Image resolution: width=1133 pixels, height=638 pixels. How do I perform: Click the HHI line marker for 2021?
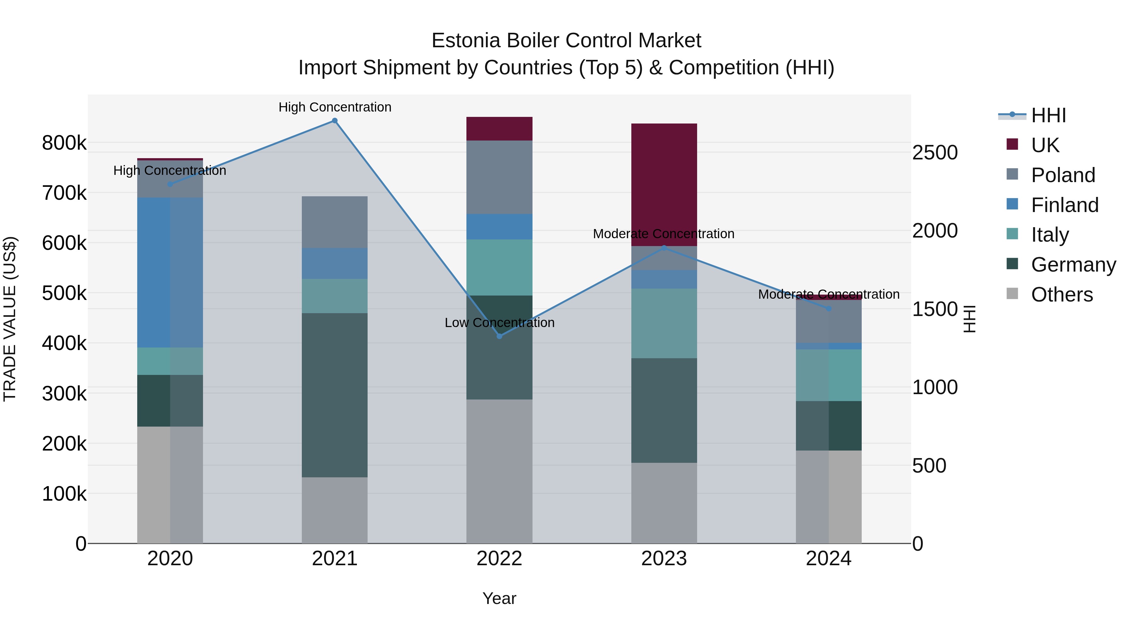pos(335,121)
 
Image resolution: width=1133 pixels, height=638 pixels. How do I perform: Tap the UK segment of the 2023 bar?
pos(664,185)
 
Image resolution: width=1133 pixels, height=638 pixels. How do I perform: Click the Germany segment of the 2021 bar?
pos(335,395)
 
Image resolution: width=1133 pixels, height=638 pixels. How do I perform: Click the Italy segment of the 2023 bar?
pos(664,323)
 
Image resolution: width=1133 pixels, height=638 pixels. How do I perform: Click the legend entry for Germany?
pos(1073,265)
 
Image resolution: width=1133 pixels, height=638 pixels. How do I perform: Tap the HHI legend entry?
pos(1048,115)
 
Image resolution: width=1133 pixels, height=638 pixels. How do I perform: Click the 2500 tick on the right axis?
pos(935,153)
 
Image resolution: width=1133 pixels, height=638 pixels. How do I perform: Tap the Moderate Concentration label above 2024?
pos(829,294)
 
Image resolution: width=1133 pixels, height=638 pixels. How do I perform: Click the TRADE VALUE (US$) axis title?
pos(10,319)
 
